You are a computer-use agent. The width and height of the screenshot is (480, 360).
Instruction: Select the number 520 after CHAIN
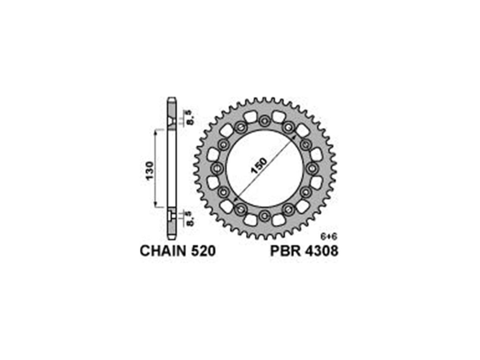point(203,251)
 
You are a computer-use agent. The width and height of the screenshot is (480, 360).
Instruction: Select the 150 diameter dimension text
point(259,166)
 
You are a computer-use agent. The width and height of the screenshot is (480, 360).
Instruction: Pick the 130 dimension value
point(150,171)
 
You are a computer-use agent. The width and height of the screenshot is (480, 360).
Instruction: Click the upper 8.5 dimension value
point(190,118)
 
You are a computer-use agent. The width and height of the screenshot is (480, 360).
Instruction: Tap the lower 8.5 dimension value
point(190,219)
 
